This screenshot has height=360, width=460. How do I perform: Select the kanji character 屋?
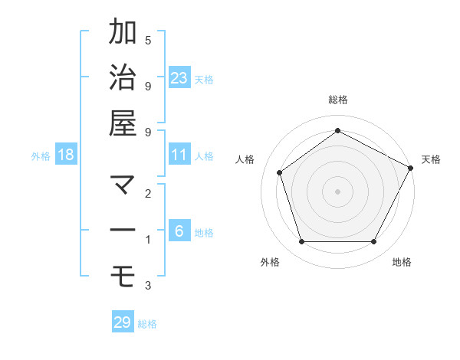(123, 123)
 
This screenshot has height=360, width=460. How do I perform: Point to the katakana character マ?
(123, 184)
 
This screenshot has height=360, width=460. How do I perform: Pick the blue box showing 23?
(179, 77)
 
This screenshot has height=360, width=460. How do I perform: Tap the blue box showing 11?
(179, 155)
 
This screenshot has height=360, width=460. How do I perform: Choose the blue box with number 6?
(179, 231)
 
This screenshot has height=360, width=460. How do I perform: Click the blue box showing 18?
(66, 155)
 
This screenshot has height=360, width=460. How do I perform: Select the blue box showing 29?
(123, 322)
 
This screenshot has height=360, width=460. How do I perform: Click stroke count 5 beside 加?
(148, 40)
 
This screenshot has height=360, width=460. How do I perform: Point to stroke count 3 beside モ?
(148, 286)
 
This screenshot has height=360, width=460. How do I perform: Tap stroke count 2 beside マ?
(148, 193)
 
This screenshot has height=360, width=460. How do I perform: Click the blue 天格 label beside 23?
(204, 79)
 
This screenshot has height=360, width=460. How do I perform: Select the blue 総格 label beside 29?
(147, 324)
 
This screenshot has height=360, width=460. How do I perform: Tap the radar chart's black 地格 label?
(402, 263)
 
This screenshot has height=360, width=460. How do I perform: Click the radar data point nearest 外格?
(301, 242)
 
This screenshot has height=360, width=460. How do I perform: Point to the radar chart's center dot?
(337, 191)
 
